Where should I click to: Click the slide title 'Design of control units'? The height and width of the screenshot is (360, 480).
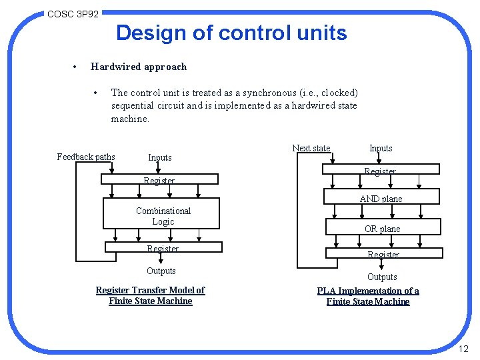[x=231, y=33]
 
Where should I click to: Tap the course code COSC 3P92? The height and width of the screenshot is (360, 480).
[x=73, y=13]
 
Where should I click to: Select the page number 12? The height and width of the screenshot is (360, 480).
[x=464, y=349]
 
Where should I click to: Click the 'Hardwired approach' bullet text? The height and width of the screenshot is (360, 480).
[x=139, y=67]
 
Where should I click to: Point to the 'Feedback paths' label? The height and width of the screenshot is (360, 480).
[x=86, y=157]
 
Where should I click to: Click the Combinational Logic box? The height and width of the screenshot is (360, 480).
[x=163, y=216]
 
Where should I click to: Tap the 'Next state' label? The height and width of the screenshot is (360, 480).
[x=311, y=148]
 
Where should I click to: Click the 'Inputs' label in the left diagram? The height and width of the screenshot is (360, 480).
[x=160, y=158]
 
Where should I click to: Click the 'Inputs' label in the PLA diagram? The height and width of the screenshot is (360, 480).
[x=381, y=148]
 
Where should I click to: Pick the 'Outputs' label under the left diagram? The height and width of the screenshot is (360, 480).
[x=161, y=271]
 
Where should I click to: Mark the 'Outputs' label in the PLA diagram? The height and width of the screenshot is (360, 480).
[x=382, y=277]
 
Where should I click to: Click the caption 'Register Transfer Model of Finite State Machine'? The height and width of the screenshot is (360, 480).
[x=150, y=295]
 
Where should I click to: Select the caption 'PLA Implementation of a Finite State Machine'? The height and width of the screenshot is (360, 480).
[x=368, y=296]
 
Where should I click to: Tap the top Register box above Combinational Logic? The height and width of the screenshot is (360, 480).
[x=159, y=179]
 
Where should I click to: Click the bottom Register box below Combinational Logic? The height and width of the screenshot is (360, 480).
[x=163, y=248]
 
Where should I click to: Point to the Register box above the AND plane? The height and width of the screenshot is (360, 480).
[x=381, y=171]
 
